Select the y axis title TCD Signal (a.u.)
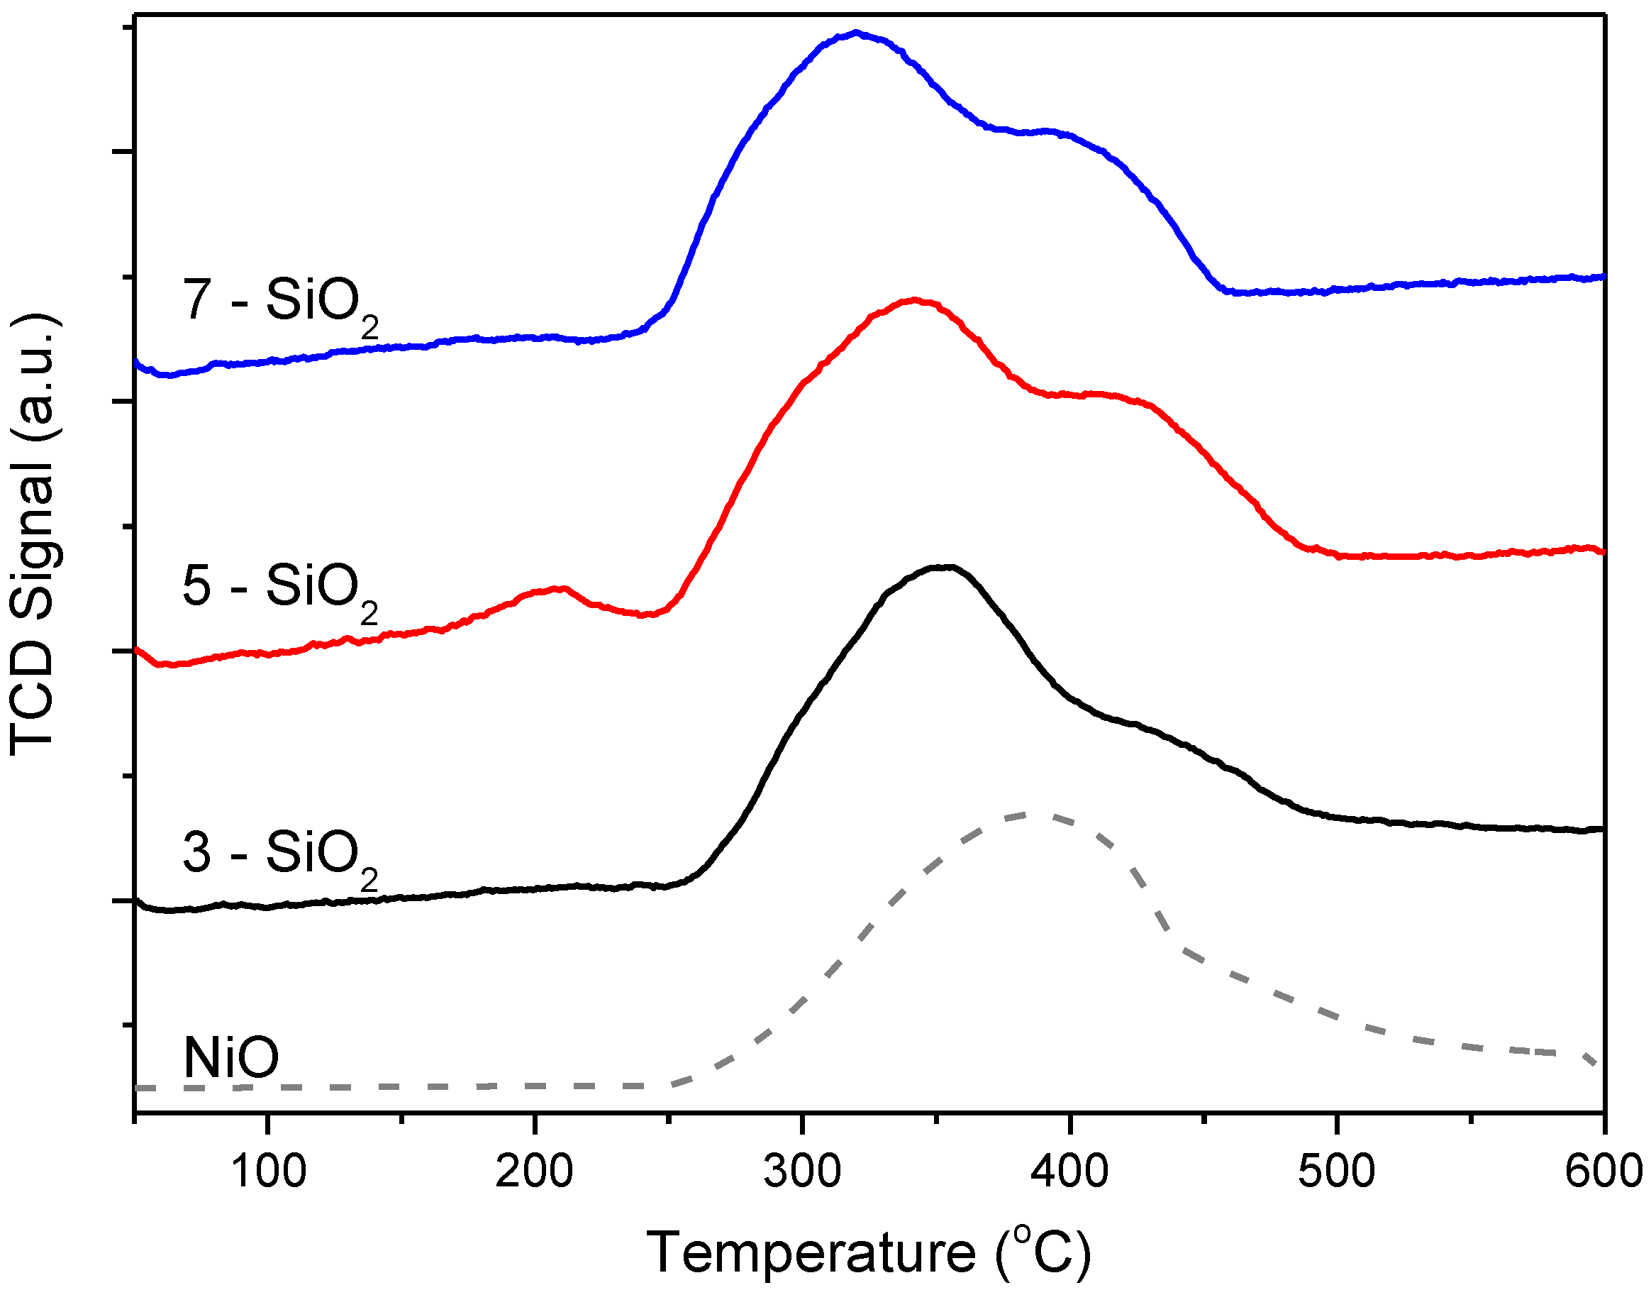(34, 533)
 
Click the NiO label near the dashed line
(231, 1058)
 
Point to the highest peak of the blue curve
(857, 33)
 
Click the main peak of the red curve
(916, 300)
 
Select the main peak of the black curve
(945, 566)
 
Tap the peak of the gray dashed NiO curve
(1032, 815)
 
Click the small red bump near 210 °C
(558, 588)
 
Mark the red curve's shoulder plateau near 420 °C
(1096, 395)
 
